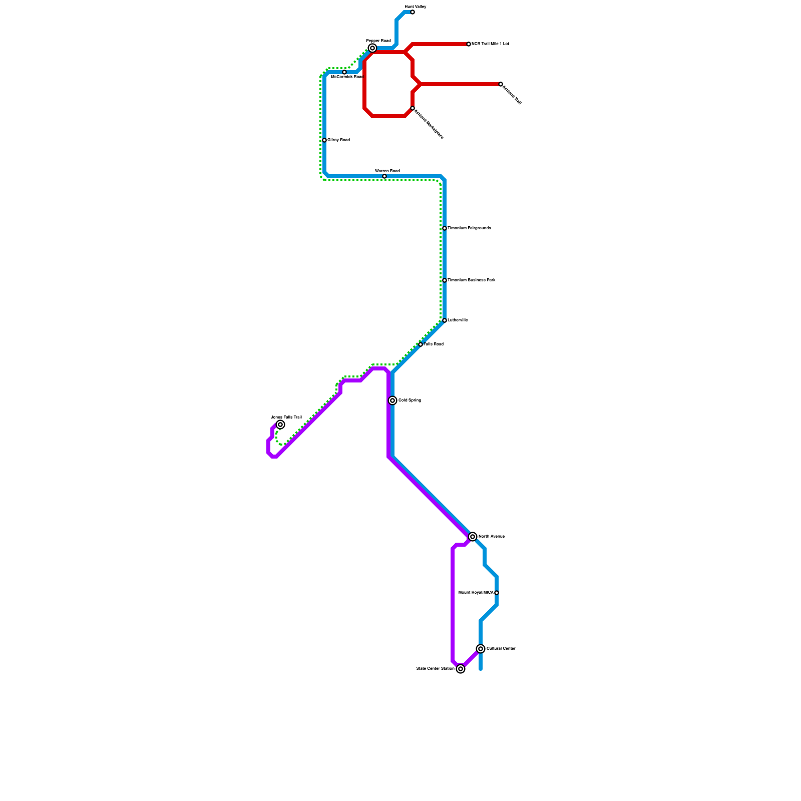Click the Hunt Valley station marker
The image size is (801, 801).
tap(413, 12)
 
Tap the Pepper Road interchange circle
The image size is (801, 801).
tap(372, 48)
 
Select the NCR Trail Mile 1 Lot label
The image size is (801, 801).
tap(490, 44)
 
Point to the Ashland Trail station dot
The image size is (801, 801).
tap(501, 84)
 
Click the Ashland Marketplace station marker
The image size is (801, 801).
tap(413, 108)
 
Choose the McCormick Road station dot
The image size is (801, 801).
tap(344, 72)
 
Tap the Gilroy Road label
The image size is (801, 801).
tap(338, 140)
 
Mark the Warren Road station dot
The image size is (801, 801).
tap(384, 176)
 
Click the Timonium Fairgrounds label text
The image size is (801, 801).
tap(469, 228)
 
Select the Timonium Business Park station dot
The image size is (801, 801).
tap(445, 280)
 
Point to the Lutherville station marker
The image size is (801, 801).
tap(445, 320)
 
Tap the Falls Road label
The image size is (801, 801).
tap(434, 344)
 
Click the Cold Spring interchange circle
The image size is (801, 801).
tap(392, 400)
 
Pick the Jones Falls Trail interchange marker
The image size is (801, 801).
tap(280, 425)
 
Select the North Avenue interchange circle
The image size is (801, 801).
tap(473, 537)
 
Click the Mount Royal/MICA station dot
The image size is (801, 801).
tap(497, 593)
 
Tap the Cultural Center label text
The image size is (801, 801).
tap(501, 649)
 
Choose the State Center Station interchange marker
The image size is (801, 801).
tap(461, 669)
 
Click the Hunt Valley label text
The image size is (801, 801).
tap(416, 7)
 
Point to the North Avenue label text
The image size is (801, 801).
tap(491, 537)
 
